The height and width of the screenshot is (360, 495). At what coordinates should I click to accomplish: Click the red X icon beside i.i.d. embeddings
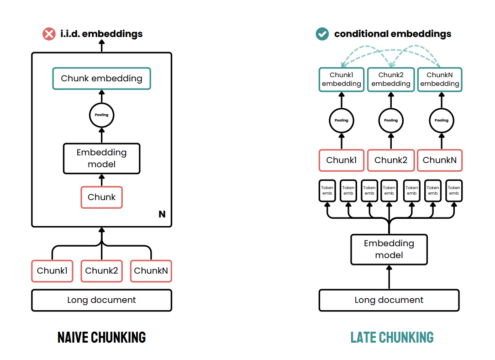(49, 34)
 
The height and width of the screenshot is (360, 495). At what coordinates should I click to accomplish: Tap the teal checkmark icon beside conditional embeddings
(322, 34)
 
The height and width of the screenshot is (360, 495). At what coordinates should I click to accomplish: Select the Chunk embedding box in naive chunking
(101, 79)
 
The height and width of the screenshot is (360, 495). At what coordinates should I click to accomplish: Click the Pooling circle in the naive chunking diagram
(101, 115)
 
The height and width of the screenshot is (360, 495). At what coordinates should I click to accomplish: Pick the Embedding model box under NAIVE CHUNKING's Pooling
(101, 159)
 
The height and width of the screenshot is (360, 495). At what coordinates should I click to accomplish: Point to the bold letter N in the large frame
(162, 214)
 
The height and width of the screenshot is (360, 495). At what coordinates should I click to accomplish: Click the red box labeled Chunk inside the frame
(101, 197)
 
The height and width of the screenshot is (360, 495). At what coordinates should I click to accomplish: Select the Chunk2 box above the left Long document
(101, 271)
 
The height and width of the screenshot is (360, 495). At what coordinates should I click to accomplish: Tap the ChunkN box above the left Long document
(151, 271)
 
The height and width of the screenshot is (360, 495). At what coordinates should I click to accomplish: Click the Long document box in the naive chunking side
(101, 300)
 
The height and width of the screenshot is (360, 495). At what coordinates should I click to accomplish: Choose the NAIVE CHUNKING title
(101, 338)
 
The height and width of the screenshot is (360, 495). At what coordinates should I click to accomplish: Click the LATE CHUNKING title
(392, 338)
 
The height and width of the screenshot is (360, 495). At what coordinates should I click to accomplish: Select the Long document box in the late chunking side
(389, 300)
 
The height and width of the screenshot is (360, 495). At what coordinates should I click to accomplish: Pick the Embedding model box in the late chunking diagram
(389, 249)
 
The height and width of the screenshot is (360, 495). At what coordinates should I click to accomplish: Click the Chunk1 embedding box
(341, 79)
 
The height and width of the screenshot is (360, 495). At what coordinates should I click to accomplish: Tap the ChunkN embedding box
(440, 79)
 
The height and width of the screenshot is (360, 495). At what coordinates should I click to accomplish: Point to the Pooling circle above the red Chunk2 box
(391, 120)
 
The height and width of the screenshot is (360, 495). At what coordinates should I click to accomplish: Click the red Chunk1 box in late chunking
(341, 160)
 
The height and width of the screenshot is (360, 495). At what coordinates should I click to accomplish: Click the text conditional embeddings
(392, 34)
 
